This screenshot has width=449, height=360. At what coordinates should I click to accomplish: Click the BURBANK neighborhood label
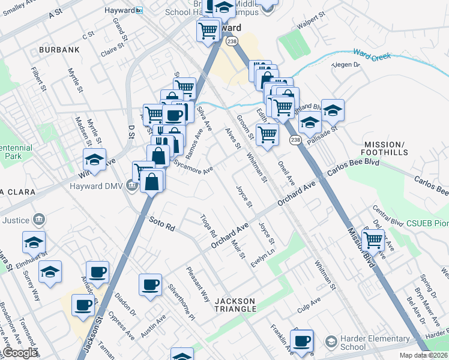[59, 49]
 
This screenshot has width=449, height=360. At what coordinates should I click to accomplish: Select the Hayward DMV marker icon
[132, 184]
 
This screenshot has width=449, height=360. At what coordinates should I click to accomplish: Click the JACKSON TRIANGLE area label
[236, 305]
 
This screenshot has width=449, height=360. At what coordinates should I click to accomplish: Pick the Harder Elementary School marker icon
[331, 342]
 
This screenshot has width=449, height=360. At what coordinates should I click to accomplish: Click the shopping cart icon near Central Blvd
[374, 240]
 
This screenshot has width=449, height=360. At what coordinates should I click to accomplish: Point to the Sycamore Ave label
[193, 166]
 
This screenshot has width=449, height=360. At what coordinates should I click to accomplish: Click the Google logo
[20, 353]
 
